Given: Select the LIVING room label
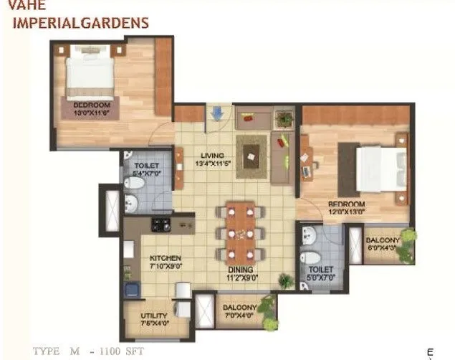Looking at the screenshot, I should (213, 155).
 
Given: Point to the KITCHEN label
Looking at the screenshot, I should (165, 257).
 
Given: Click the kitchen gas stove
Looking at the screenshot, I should (161, 224).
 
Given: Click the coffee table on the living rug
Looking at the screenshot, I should (252, 152).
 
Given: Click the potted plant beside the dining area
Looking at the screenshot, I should (285, 281).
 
